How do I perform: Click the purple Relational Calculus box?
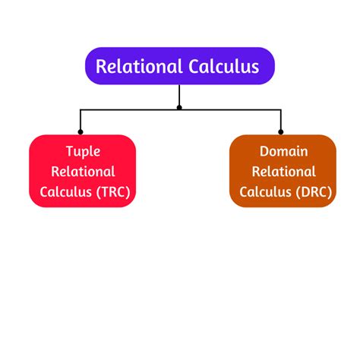click(179, 66)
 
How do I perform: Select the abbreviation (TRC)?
click(112, 192)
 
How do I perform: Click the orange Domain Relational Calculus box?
click(283, 171)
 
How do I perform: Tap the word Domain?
click(283, 151)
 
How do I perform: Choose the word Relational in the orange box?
click(283, 172)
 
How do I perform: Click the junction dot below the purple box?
click(179, 108)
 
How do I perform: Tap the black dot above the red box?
click(81, 132)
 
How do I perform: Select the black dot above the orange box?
click(281, 132)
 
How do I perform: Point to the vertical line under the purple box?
click(179, 95)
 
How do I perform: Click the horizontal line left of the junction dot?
click(129, 109)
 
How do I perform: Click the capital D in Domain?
click(264, 151)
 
